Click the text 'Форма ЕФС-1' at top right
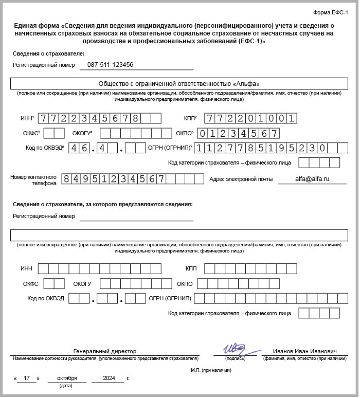point(330,12)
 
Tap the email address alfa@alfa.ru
point(312,179)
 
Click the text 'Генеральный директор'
point(105,351)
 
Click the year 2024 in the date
point(109,378)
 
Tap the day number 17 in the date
point(27,378)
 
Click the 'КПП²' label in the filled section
point(190,118)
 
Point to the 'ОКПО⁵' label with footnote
point(185,133)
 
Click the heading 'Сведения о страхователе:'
point(48,53)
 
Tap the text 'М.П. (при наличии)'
point(211,370)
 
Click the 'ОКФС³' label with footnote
point(31,133)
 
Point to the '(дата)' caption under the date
point(66,386)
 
